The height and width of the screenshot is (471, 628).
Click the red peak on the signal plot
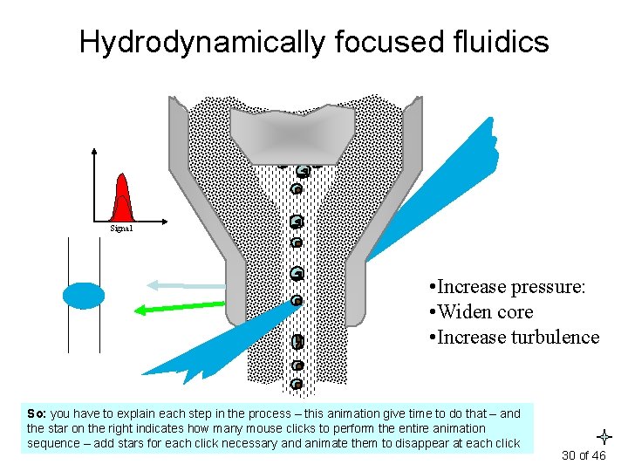(122, 198)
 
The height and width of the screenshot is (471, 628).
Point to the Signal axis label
(121, 229)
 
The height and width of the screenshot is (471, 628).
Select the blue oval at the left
(83, 297)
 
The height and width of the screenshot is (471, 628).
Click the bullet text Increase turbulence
(514, 337)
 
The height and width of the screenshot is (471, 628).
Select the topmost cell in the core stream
(302, 171)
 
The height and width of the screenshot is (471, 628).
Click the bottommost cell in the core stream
(297, 384)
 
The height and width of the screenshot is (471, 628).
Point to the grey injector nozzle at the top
(292, 135)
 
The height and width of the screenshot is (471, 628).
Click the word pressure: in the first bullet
(544, 286)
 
